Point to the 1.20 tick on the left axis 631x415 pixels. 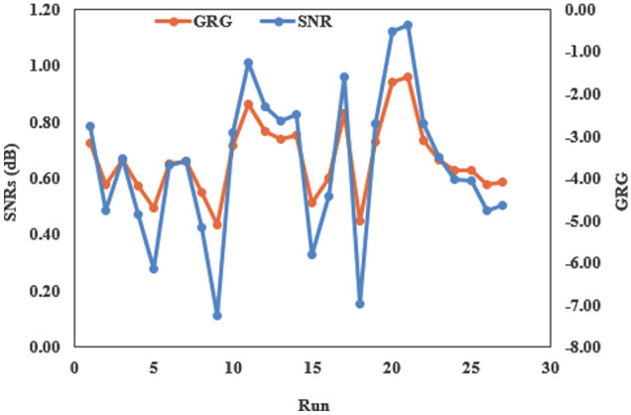pos(44,10)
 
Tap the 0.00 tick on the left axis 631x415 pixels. pos(44,347)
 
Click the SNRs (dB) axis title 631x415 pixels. pos(13,179)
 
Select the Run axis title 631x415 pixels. pos(312,405)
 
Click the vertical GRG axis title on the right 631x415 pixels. pos(618,179)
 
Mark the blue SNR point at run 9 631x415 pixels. pos(217,316)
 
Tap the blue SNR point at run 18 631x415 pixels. pos(360,304)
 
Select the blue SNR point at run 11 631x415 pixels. pos(249,63)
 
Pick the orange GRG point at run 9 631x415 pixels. pos(217,225)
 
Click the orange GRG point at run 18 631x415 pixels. pos(360,220)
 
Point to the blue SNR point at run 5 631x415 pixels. pos(154,269)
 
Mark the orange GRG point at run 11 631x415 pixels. pos(249,104)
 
